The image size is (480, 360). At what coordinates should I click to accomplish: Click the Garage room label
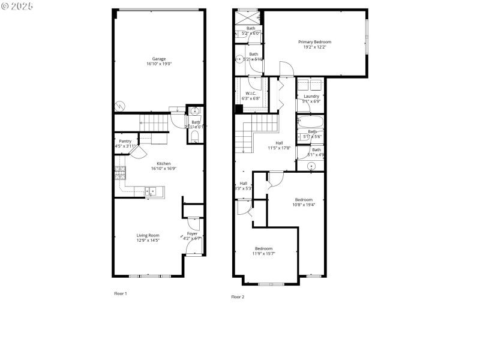[x=158, y=59]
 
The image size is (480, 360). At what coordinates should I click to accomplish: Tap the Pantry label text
[x=125, y=141]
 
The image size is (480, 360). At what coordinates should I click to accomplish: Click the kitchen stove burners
[x=119, y=173]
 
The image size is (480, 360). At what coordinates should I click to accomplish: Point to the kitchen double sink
[x=151, y=191]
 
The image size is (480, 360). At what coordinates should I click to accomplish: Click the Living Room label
[x=148, y=235]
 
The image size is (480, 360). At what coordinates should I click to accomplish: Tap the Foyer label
[x=192, y=233]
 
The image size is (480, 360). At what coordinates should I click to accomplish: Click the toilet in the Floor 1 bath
[x=194, y=137]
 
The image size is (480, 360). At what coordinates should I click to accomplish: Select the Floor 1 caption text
[x=121, y=293]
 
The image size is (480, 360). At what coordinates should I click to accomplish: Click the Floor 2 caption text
[x=238, y=296]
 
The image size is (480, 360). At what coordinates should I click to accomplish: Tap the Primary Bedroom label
[x=315, y=42]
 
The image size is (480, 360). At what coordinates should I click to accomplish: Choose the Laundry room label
[x=311, y=96]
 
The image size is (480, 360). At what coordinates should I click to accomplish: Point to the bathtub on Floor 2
[x=311, y=122]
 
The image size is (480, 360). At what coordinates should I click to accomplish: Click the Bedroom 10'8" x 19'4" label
[x=303, y=200]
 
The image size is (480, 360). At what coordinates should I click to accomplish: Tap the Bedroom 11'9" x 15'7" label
[x=263, y=248]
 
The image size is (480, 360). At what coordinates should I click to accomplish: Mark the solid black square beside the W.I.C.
[x=238, y=109]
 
